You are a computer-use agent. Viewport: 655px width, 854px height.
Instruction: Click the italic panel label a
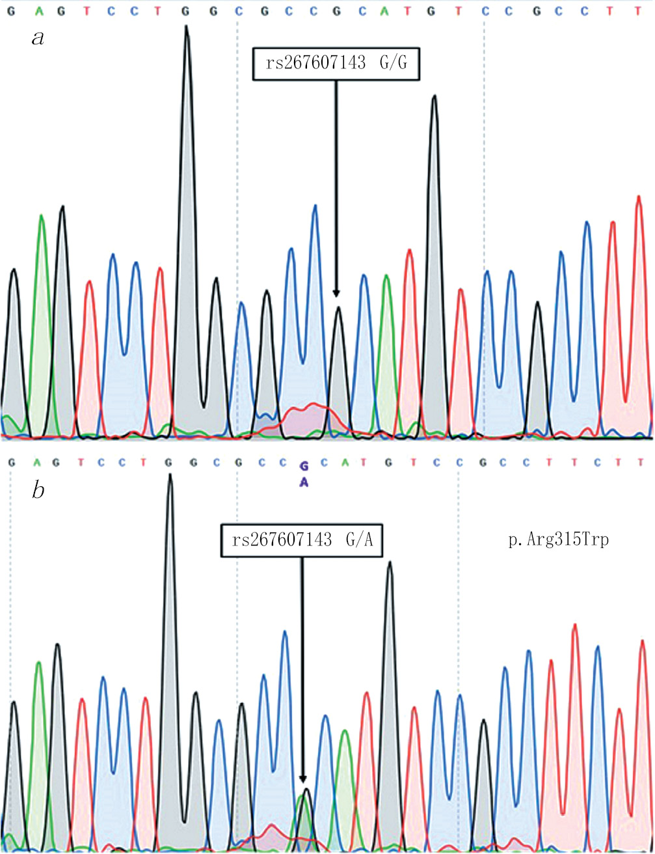(x=38, y=38)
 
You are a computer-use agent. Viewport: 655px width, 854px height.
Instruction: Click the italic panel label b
(x=38, y=490)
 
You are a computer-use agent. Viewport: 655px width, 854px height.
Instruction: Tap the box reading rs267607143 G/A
(x=302, y=540)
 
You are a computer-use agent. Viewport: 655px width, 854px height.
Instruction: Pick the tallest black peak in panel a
(x=187, y=29)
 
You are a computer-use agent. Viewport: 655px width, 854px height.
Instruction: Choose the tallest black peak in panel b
(x=170, y=477)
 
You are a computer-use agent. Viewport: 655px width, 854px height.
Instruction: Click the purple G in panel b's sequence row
(x=302, y=466)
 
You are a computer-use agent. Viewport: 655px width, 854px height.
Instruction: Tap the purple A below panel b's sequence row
(x=302, y=482)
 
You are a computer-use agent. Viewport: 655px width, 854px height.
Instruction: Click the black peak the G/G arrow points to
(x=338, y=311)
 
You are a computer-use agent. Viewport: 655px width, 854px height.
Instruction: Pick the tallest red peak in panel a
(x=639, y=199)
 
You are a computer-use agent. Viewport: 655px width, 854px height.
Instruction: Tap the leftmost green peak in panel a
(x=42, y=218)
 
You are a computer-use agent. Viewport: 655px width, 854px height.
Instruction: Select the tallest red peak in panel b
(x=575, y=627)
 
